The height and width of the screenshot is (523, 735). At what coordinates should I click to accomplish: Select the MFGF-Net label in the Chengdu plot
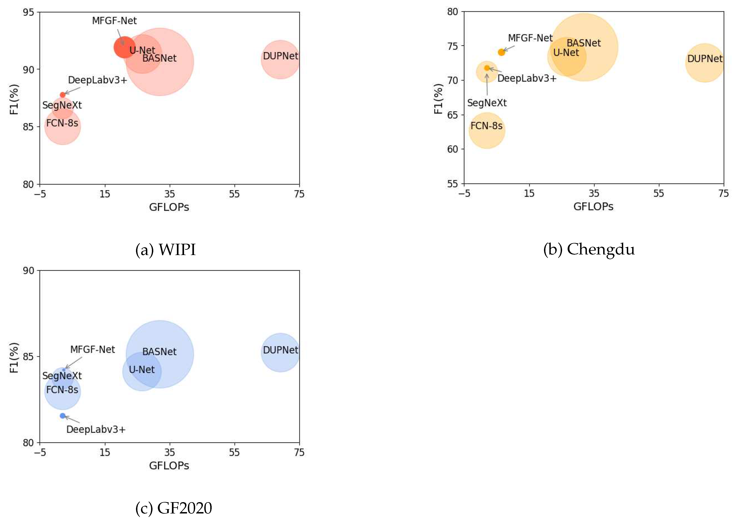(x=530, y=38)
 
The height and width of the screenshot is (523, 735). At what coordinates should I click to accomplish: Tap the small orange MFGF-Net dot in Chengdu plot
(x=501, y=52)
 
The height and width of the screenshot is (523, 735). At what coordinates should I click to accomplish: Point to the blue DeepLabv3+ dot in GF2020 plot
(x=63, y=416)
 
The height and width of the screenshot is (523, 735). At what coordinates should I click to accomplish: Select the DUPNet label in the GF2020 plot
(x=280, y=350)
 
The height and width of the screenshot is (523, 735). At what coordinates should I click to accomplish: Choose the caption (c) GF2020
(x=174, y=508)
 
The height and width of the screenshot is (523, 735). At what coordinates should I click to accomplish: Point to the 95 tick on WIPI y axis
(x=28, y=13)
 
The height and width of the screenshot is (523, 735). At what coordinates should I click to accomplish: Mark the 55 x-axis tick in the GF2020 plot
(x=234, y=452)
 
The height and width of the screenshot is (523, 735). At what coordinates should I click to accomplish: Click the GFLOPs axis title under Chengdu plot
(x=593, y=206)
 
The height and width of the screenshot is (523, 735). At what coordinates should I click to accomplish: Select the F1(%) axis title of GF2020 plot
(x=14, y=358)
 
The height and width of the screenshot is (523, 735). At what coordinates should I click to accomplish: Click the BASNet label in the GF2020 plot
(x=159, y=352)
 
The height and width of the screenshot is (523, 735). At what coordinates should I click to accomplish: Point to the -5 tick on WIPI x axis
(x=40, y=194)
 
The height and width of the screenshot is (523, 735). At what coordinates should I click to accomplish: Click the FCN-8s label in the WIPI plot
(x=62, y=123)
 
